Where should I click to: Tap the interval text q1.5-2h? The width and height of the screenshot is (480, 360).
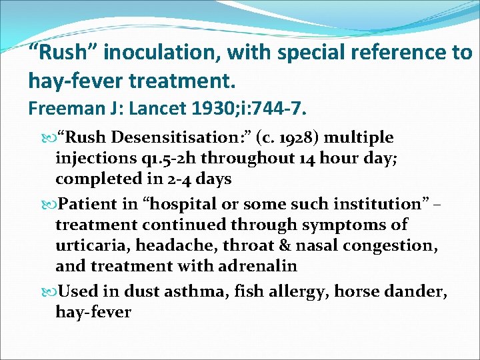tap(143, 158)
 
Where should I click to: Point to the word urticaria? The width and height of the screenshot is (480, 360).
tap(93, 245)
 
